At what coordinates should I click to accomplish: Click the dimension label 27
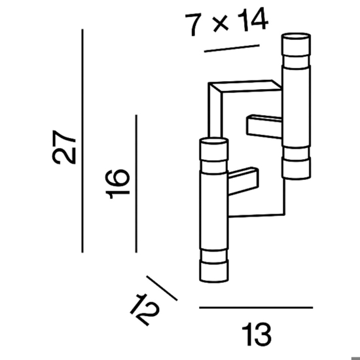64,147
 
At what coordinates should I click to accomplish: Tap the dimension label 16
118,184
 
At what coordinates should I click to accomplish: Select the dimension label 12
145,310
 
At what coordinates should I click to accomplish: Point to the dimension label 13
257,334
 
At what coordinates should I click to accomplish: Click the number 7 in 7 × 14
193,24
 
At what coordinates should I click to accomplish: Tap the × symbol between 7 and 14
220,24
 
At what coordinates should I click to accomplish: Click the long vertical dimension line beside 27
82,141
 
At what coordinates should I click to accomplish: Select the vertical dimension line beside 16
136,184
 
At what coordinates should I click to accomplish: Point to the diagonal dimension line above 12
162,288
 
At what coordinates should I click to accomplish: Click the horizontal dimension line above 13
256,308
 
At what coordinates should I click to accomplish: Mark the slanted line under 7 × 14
232,48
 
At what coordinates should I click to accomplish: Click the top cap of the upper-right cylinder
296,45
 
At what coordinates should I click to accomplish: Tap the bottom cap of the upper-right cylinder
296,168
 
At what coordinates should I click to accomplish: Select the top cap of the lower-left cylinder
214,149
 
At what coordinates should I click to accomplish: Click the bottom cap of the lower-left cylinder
214,271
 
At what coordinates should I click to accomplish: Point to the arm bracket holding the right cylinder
264,126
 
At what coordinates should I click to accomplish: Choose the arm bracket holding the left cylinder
243,181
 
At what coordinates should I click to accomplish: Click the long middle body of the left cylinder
214,210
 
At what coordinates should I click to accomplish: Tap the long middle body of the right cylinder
296,106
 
